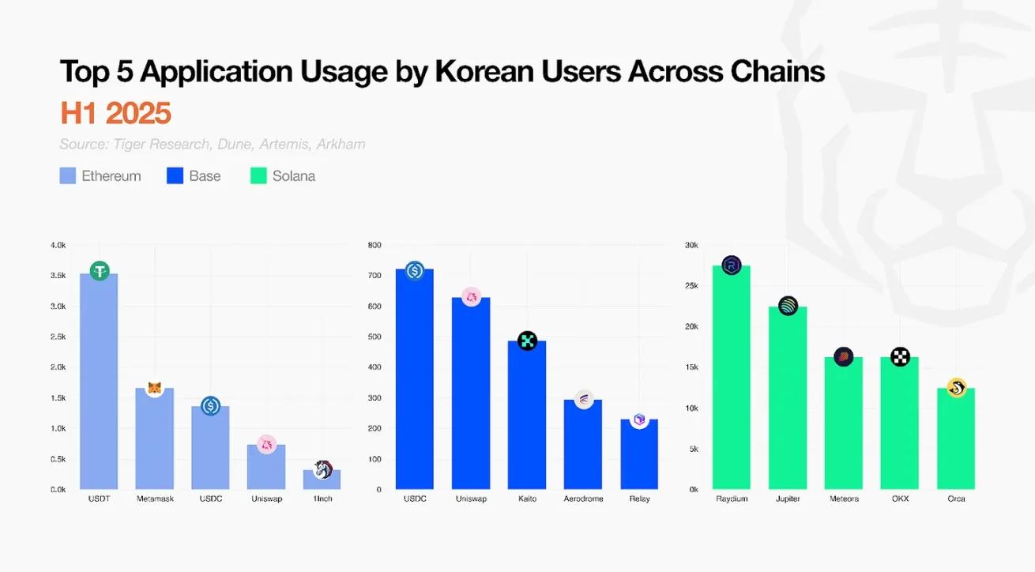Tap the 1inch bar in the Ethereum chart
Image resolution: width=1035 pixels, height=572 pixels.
point(322,480)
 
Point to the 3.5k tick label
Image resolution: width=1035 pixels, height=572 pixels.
point(58,276)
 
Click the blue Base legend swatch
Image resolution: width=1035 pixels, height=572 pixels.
point(175,176)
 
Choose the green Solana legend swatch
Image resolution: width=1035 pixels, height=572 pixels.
point(258,176)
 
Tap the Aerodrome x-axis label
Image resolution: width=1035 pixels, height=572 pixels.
point(583,499)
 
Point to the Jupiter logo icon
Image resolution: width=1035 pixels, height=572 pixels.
point(788,306)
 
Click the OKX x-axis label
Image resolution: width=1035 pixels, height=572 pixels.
point(900,499)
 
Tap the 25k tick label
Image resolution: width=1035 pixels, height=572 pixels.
point(691,285)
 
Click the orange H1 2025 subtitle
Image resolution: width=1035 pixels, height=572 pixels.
point(115,114)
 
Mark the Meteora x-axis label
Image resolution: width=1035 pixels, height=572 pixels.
point(844,499)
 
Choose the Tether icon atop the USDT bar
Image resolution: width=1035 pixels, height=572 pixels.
point(100,271)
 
